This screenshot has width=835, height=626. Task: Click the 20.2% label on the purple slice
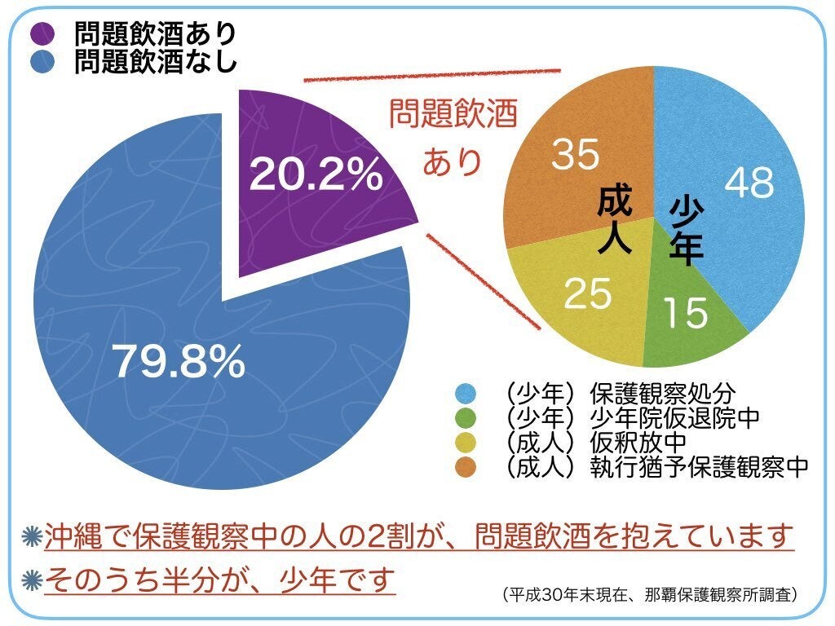click(x=316, y=174)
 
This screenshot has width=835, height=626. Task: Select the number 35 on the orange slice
click(x=576, y=155)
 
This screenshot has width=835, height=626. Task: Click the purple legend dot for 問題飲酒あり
click(x=42, y=33)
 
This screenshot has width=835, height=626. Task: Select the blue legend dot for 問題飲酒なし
click(x=42, y=63)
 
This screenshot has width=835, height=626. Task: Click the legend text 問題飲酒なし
click(x=155, y=63)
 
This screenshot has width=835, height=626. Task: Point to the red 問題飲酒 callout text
click(x=453, y=113)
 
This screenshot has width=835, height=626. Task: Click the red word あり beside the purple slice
click(x=453, y=161)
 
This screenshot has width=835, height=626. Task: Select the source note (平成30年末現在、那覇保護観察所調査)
click(x=650, y=594)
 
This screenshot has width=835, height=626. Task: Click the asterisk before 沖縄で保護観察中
click(x=33, y=537)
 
